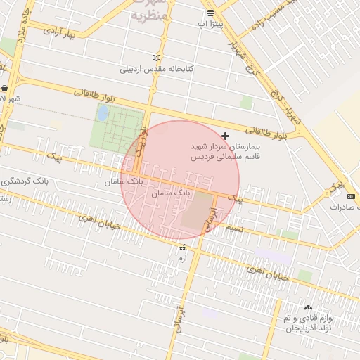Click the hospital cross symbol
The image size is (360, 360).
[225, 135]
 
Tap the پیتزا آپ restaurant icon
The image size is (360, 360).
[211, 13]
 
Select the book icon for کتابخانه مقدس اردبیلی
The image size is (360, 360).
[155, 58]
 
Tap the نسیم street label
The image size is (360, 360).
[233, 230]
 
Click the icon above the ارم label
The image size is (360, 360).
[183, 247]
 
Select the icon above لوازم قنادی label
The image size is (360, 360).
[308, 307]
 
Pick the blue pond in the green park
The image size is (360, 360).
[103, 112]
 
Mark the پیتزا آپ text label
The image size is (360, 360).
[211, 25]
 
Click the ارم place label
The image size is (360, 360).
[183, 259]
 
